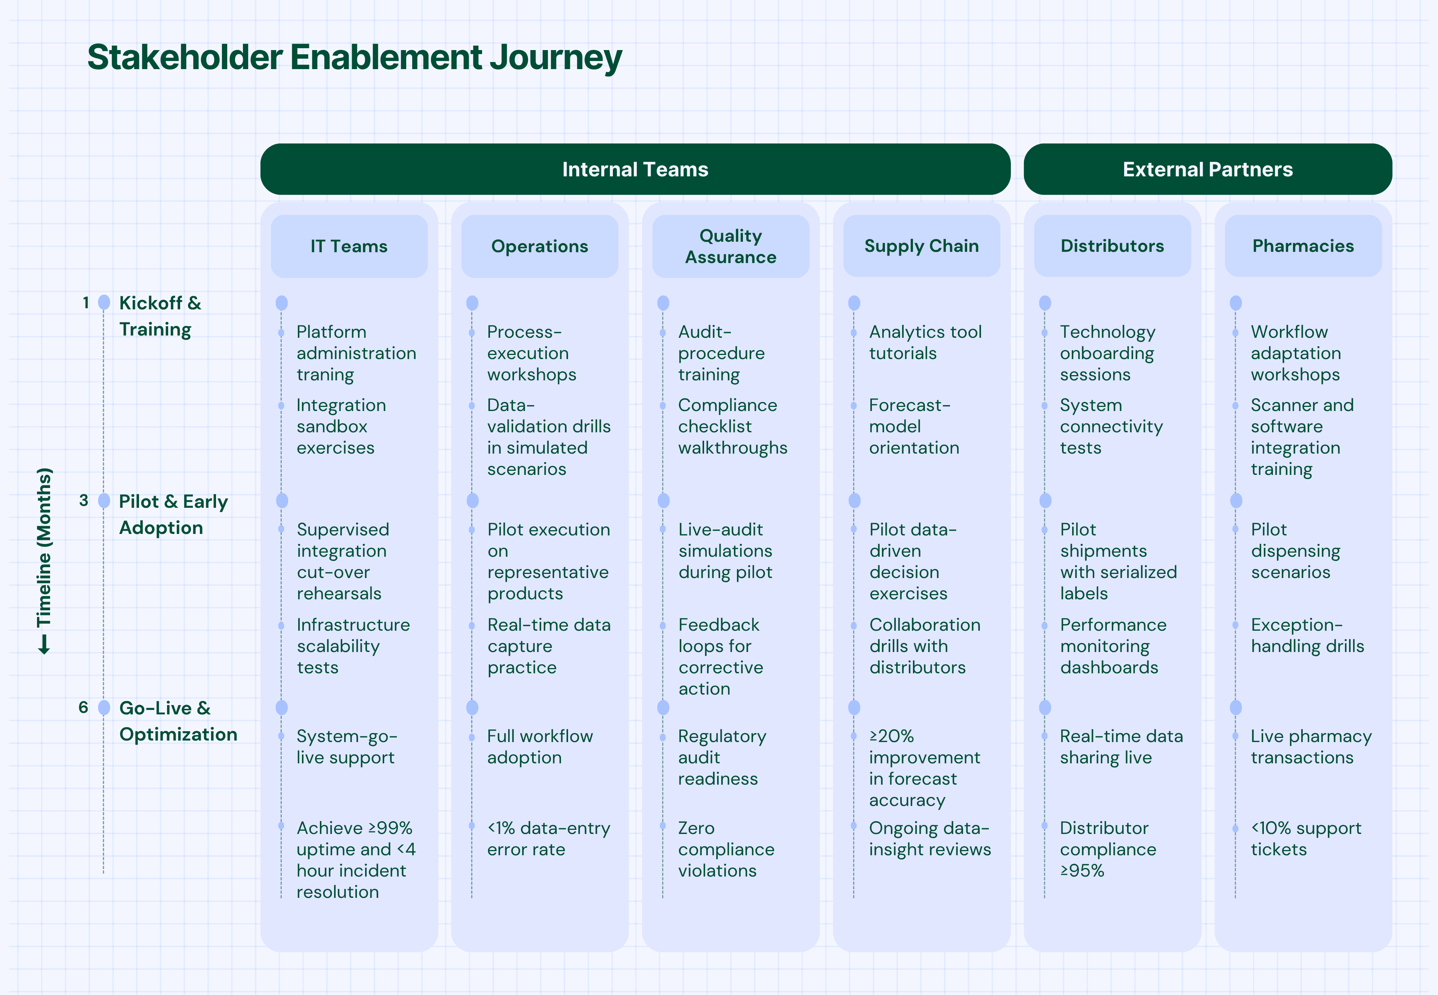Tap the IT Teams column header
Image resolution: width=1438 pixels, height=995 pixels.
[349, 246]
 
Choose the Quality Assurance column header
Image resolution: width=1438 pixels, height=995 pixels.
[730, 246]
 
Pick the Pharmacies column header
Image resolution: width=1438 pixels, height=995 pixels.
[1303, 246]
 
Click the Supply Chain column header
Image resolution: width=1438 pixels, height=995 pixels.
[921, 246]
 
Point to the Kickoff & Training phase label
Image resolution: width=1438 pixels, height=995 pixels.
[160, 316]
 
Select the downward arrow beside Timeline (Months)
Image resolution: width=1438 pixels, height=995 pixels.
[44, 645]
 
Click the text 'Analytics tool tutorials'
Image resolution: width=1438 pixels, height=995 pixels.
[925, 342]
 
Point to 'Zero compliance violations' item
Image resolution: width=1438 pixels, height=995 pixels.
[726, 849]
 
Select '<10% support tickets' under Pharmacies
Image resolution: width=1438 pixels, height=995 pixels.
[1305, 838]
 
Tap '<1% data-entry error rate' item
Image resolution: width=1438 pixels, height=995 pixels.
[548, 838]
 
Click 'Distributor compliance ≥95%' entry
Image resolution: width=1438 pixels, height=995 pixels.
[1108, 849]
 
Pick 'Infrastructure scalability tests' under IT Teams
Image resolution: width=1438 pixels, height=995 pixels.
[352, 646]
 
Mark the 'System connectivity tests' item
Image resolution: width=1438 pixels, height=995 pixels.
[1111, 426]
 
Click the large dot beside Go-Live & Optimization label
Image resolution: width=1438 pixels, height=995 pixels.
[104, 708]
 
